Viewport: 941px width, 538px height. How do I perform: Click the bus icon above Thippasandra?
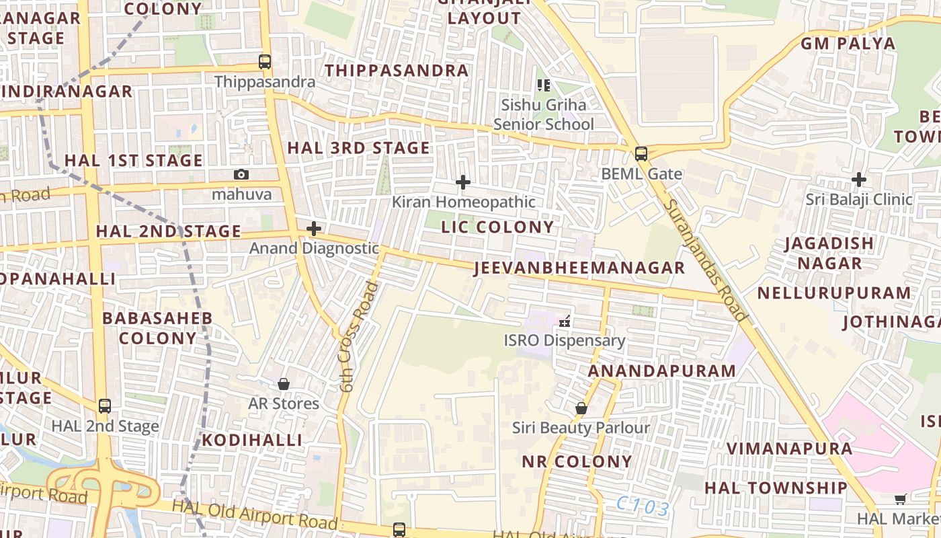click(265, 62)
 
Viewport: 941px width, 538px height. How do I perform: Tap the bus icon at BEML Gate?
click(641, 153)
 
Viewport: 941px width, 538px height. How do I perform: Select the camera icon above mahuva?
click(241, 175)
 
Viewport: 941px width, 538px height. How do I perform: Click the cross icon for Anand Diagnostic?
click(314, 229)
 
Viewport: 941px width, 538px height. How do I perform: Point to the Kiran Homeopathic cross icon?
click(462, 182)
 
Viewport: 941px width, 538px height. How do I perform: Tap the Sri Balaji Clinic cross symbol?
click(858, 180)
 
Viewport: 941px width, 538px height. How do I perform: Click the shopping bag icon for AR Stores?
click(284, 384)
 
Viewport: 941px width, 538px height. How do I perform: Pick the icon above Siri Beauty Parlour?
click(581, 408)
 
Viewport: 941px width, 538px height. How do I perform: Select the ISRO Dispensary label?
click(565, 340)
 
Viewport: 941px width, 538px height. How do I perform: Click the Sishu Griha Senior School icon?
click(544, 85)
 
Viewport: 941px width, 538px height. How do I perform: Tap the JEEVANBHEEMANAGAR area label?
click(579, 268)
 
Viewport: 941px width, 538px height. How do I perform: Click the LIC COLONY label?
click(497, 227)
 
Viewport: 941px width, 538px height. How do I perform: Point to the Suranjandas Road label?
click(705, 260)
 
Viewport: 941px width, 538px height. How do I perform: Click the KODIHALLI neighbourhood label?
click(253, 440)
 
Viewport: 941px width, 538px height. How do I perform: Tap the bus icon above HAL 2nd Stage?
click(105, 406)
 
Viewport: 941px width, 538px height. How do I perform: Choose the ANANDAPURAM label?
click(662, 371)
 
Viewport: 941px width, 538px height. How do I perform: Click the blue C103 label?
click(643, 507)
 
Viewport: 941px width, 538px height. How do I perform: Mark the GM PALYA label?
click(848, 44)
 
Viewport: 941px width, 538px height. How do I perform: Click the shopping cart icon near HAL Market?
click(901, 498)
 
